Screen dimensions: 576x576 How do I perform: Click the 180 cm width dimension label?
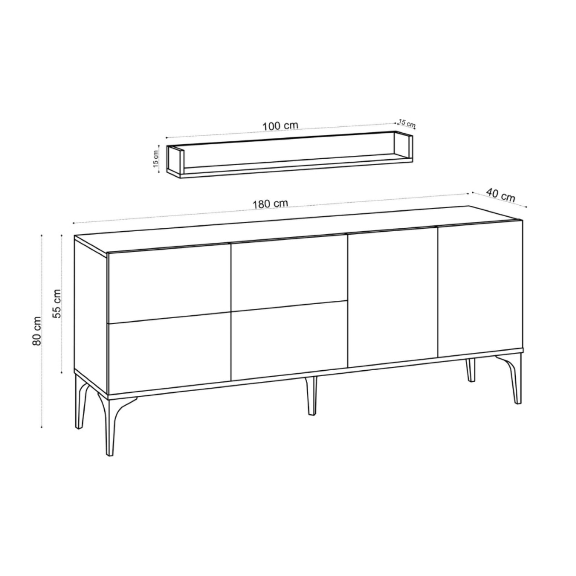pyautogui.click(x=271, y=204)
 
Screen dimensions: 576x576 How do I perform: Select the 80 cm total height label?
pyautogui.click(x=37, y=331)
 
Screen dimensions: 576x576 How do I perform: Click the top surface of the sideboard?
pyautogui.click(x=298, y=231)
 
